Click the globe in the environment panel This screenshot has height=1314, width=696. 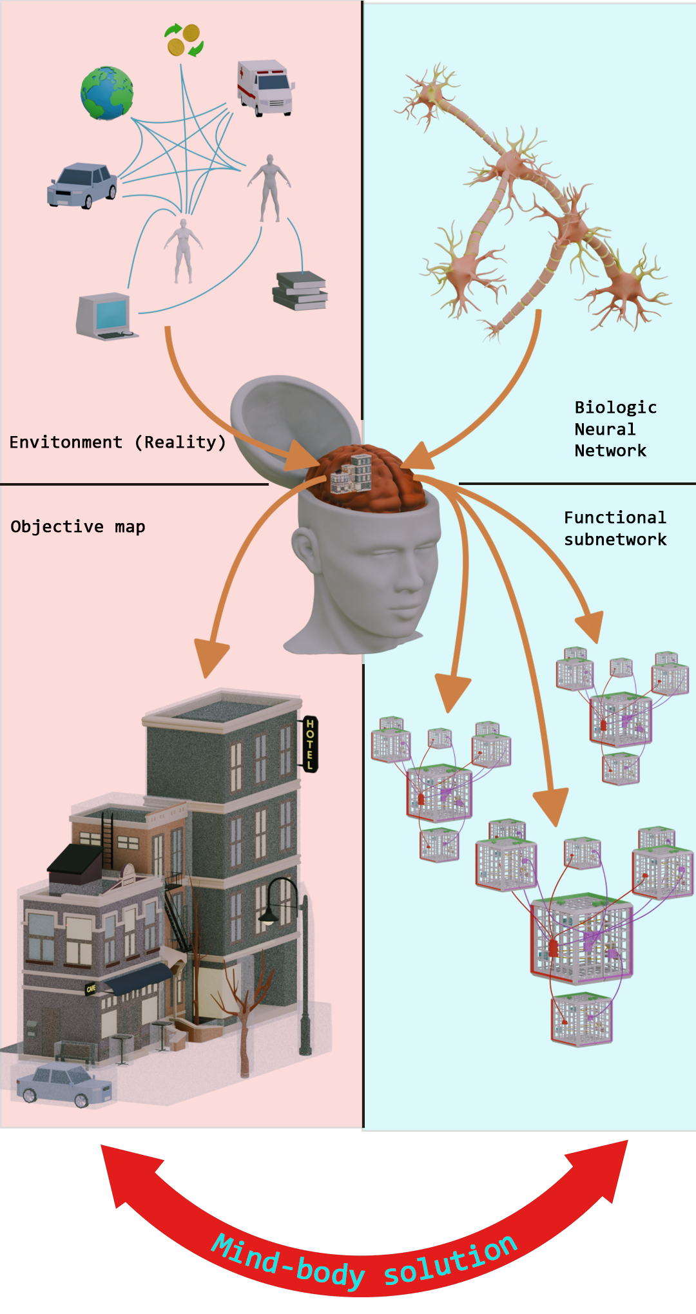[x=107, y=93]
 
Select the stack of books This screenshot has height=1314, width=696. [x=300, y=290]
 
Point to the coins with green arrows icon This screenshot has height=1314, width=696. [x=184, y=40]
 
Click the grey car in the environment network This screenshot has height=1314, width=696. [x=82, y=185]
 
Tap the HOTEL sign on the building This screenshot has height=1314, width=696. [x=310, y=744]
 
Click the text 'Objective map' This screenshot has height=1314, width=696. [x=77, y=527]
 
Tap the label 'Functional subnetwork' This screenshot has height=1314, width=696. [x=615, y=529]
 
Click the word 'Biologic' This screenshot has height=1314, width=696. [x=615, y=408]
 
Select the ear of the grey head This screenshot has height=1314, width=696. [x=304, y=548]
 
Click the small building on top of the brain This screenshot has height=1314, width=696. [x=352, y=473]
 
